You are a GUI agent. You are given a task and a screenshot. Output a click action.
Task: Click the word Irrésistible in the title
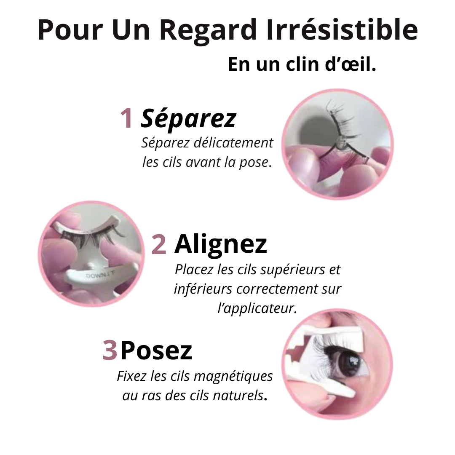[x=342, y=29]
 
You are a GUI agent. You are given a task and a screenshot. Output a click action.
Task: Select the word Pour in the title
[x=70, y=30]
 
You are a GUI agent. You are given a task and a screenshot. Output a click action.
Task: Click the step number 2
[x=159, y=245]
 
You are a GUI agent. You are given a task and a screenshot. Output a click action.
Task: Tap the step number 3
[x=110, y=350]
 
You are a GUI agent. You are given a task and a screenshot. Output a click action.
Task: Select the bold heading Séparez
[x=188, y=118]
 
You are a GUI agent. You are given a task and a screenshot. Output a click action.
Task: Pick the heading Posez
[x=156, y=350]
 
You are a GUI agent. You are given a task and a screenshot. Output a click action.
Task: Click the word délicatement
[x=233, y=143]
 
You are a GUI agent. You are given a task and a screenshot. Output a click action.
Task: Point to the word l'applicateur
[x=257, y=308]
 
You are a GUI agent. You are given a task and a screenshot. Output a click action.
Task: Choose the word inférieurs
[x=203, y=289]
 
